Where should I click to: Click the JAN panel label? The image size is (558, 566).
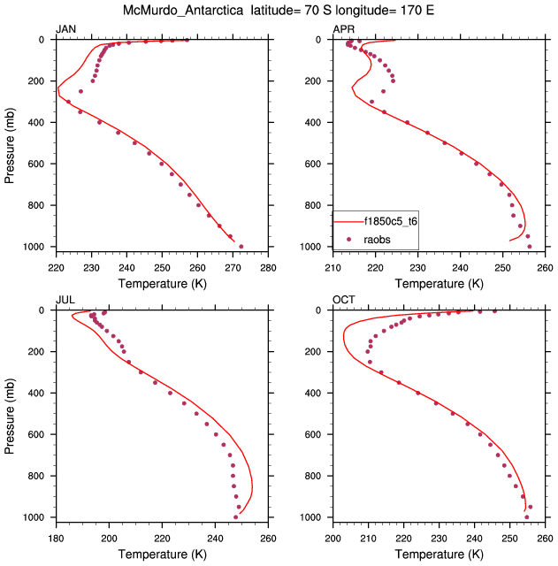point(65,30)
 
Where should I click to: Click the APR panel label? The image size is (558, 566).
point(342,30)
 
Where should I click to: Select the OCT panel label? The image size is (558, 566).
point(343,301)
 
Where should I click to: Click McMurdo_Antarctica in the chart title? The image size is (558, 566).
point(181,11)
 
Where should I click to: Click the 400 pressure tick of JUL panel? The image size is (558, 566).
point(39,394)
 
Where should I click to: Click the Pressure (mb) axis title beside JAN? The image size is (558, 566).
point(10,143)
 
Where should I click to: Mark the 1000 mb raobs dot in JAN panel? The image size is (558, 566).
point(241,247)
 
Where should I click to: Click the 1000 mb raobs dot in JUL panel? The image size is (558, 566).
point(235,517)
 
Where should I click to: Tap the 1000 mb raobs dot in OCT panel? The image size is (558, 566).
point(526,517)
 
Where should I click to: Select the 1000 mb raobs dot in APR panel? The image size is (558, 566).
point(530,247)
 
